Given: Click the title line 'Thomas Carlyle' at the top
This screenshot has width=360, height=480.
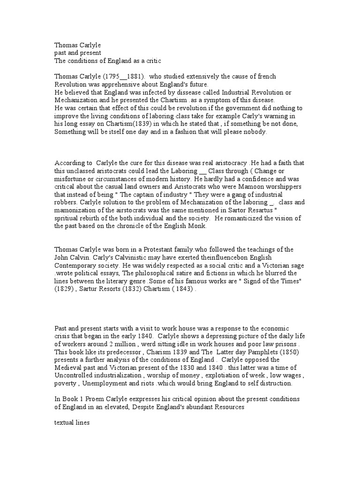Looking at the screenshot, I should point(77,45).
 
